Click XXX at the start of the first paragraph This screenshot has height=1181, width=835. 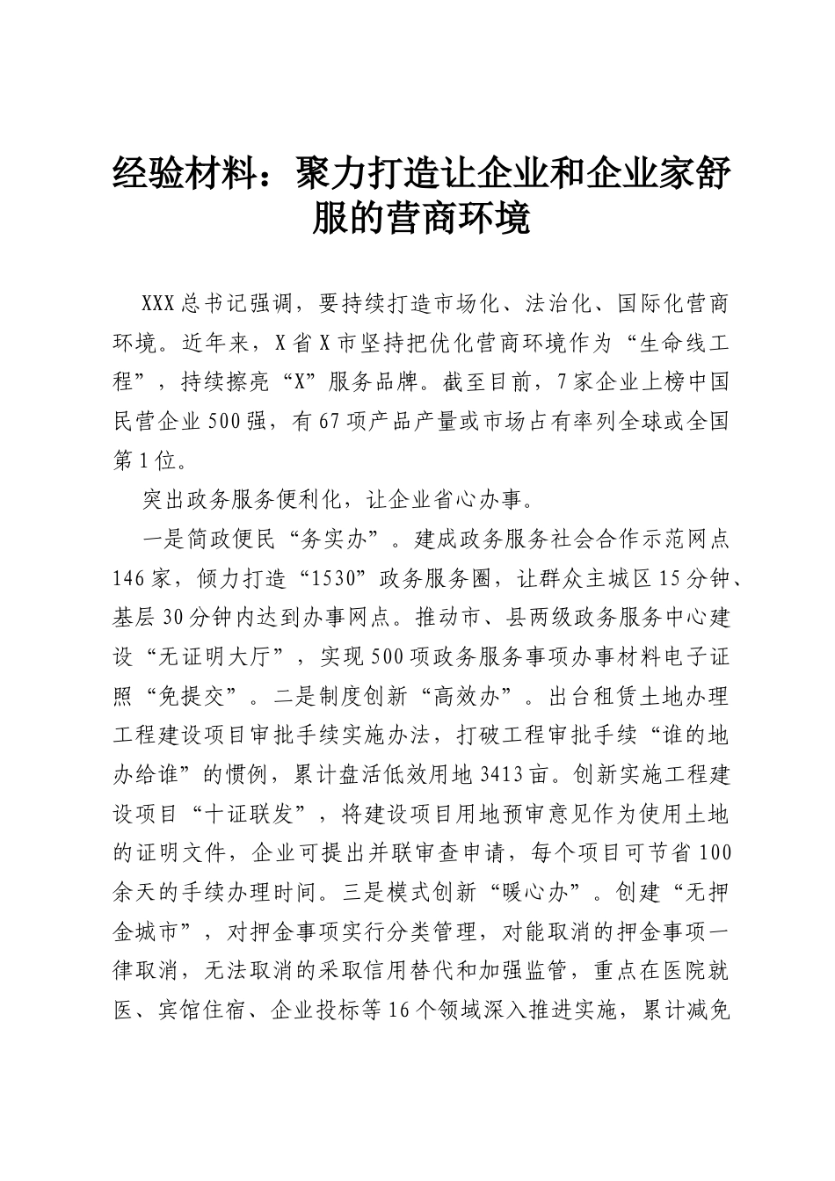(160, 304)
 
